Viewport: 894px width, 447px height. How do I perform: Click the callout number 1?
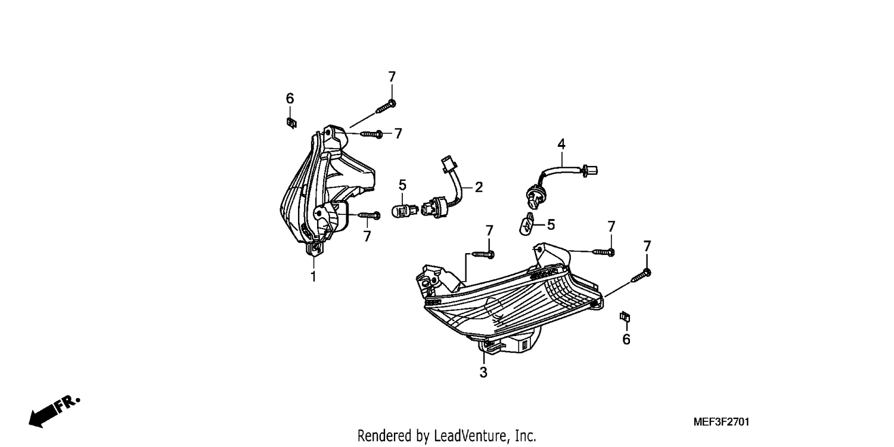[313, 276]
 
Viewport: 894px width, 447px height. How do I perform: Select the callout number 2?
[479, 187]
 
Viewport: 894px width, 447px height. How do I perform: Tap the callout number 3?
[483, 372]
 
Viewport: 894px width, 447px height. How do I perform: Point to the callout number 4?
[561, 144]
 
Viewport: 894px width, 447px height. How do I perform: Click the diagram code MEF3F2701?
[721, 422]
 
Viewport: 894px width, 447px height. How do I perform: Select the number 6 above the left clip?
[290, 98]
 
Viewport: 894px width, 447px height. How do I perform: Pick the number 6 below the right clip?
[626, 340]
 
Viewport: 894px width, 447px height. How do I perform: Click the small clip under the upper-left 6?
[292, 123]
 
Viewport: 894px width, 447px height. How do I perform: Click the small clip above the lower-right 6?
[625, 317]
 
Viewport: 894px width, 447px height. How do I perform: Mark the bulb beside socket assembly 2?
[405, 211]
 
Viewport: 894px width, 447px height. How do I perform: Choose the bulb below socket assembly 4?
[527, 226]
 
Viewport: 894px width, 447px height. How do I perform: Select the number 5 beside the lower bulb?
[551, 225]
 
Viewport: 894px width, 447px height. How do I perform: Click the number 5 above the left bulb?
[402, 186]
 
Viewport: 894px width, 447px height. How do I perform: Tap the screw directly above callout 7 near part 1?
[369, 215]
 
